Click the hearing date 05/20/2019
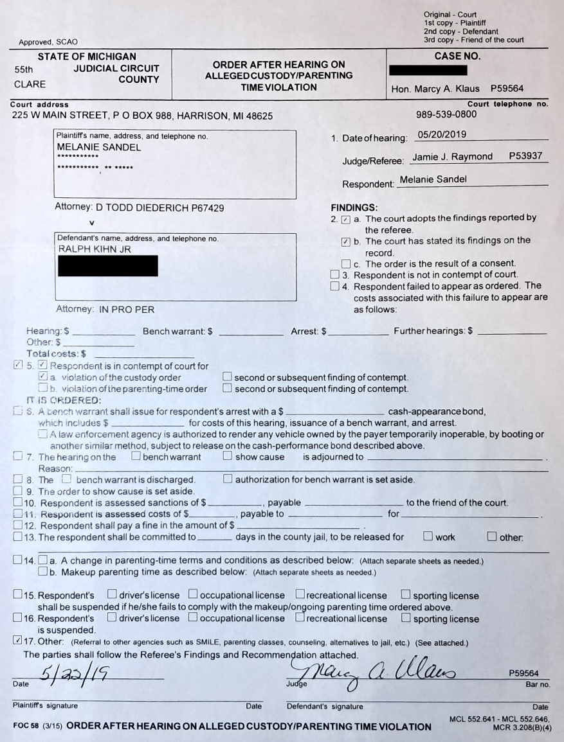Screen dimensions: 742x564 441,135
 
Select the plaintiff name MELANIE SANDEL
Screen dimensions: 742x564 99,147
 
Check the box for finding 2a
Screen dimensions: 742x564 345,220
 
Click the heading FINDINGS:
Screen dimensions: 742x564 354,208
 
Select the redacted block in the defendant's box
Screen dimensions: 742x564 107,265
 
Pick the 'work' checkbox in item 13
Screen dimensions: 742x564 428,537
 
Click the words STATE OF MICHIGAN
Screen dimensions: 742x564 87,57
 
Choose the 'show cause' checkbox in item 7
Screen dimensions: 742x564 228,457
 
